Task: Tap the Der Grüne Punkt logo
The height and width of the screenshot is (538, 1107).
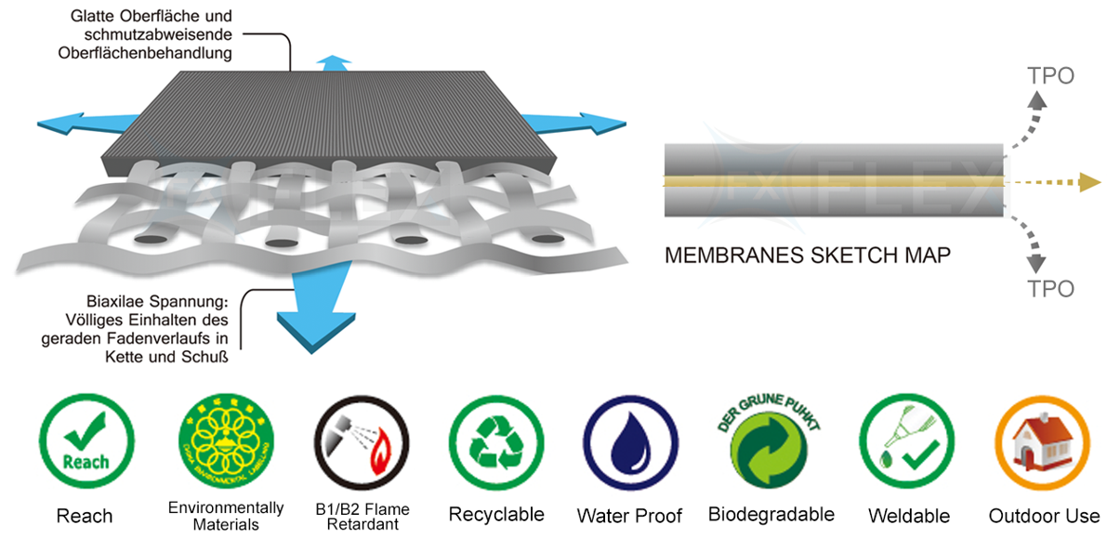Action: tap(771, 441)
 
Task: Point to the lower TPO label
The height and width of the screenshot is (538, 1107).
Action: tap(1050, 289)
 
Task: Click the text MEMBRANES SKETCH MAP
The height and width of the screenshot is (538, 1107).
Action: tap(808, 255)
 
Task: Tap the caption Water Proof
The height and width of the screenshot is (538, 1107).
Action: tap(629, 516)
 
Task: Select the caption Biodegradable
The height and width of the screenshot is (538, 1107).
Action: tap(771, 514)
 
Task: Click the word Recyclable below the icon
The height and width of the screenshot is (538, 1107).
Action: tap(495, 514)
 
